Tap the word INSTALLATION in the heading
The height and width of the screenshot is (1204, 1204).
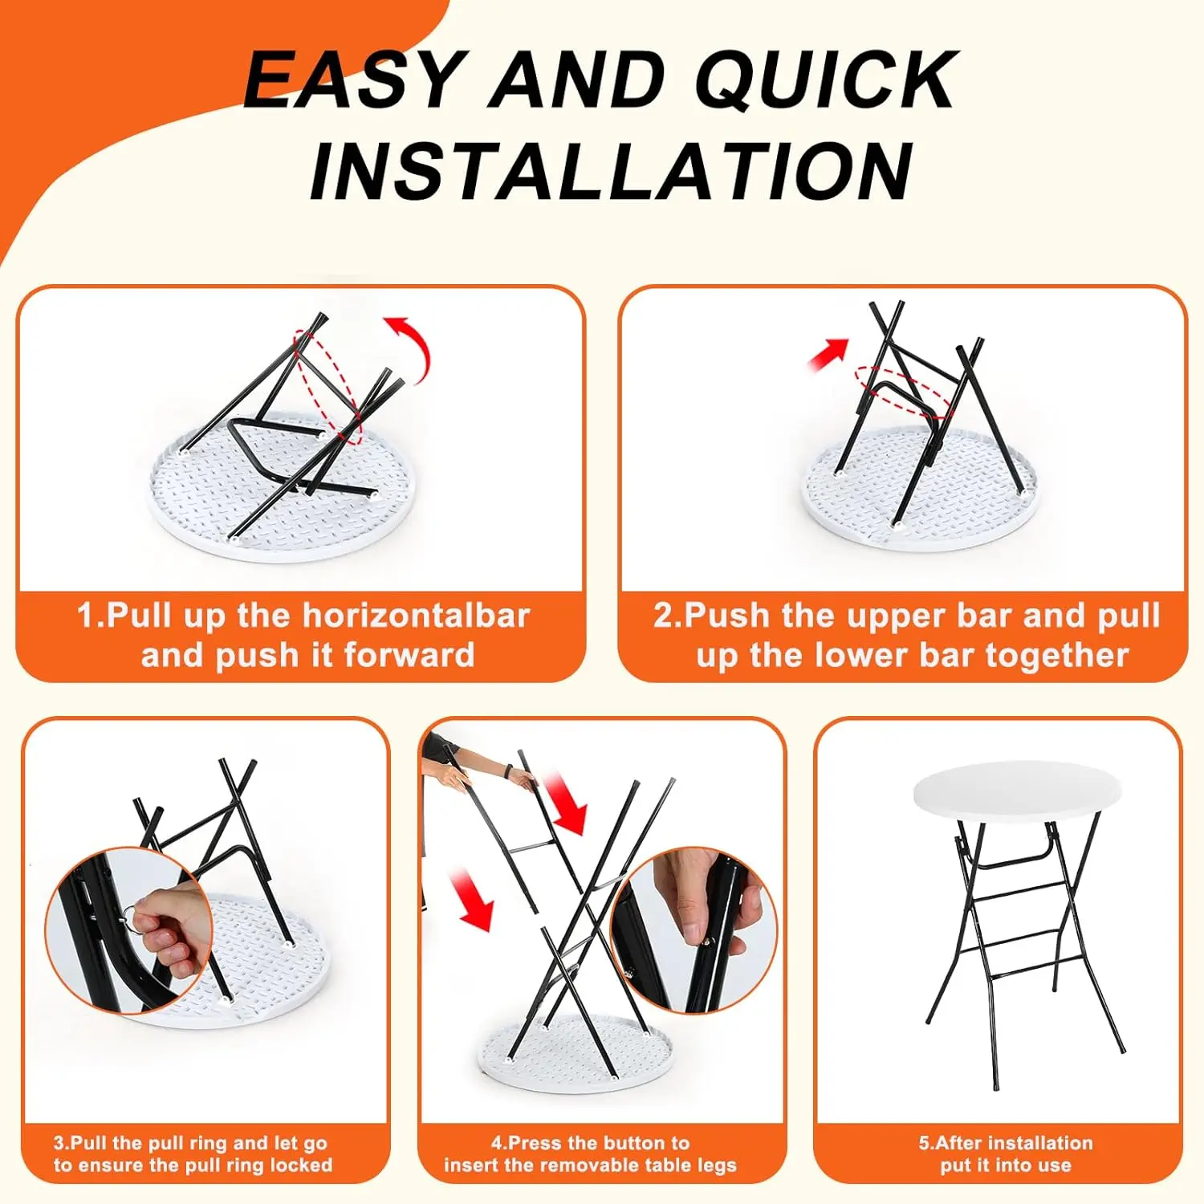(x=612, y=171)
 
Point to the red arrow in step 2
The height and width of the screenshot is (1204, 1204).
(x=828, y=353)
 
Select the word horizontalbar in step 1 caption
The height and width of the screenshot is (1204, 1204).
(x=416, y=616)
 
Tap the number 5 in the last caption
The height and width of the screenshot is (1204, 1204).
(x=925, y=1143)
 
